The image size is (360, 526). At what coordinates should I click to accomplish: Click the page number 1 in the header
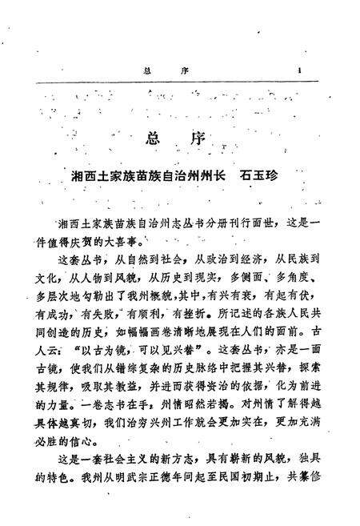point(298,69)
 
